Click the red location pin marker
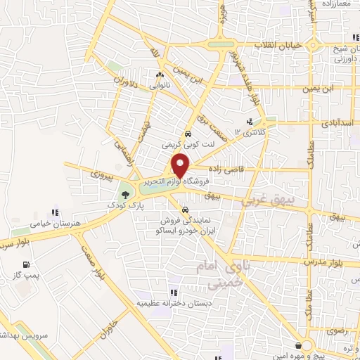pos(181,165)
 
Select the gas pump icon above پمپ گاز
pos(26,265)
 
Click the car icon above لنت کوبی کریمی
pos(188,134)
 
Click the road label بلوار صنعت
pos(90,266)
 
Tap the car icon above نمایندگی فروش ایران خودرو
pos(184,210)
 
